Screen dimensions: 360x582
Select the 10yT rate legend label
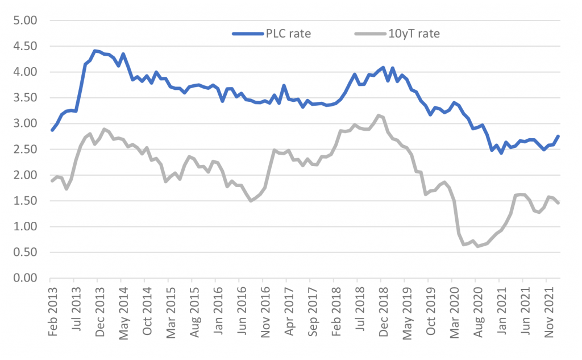415,33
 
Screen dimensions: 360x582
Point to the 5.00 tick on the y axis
24,20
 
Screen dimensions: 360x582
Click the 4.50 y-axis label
24,46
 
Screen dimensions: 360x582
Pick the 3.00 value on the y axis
24,123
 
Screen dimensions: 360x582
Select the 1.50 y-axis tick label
24,201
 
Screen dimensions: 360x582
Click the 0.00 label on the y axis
24,278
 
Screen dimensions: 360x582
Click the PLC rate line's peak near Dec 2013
95,51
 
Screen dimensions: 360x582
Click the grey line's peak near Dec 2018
379,115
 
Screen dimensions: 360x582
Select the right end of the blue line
558,136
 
